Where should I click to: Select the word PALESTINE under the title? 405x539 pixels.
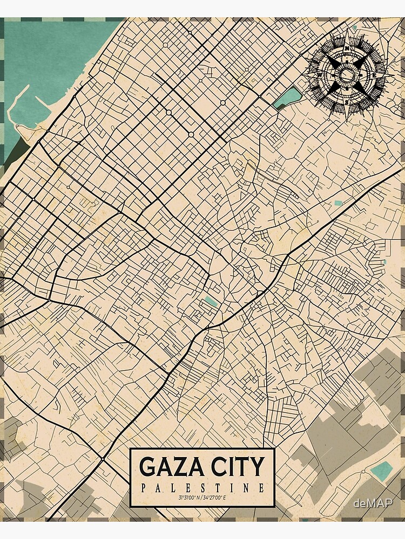pyautogui.click(x=202, y=488)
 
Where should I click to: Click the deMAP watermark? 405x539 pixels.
pyautogui.click(x=373, y=503)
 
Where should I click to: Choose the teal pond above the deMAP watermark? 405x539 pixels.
pyautogui.click(x=382, y=470)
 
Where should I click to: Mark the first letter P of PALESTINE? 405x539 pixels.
pyautogui.click(x=142, y=488)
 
